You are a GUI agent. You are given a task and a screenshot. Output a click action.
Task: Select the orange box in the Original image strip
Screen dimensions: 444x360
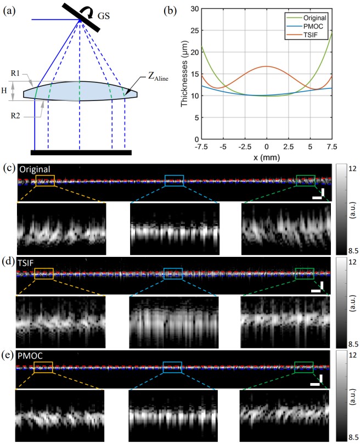click(46, 181)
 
